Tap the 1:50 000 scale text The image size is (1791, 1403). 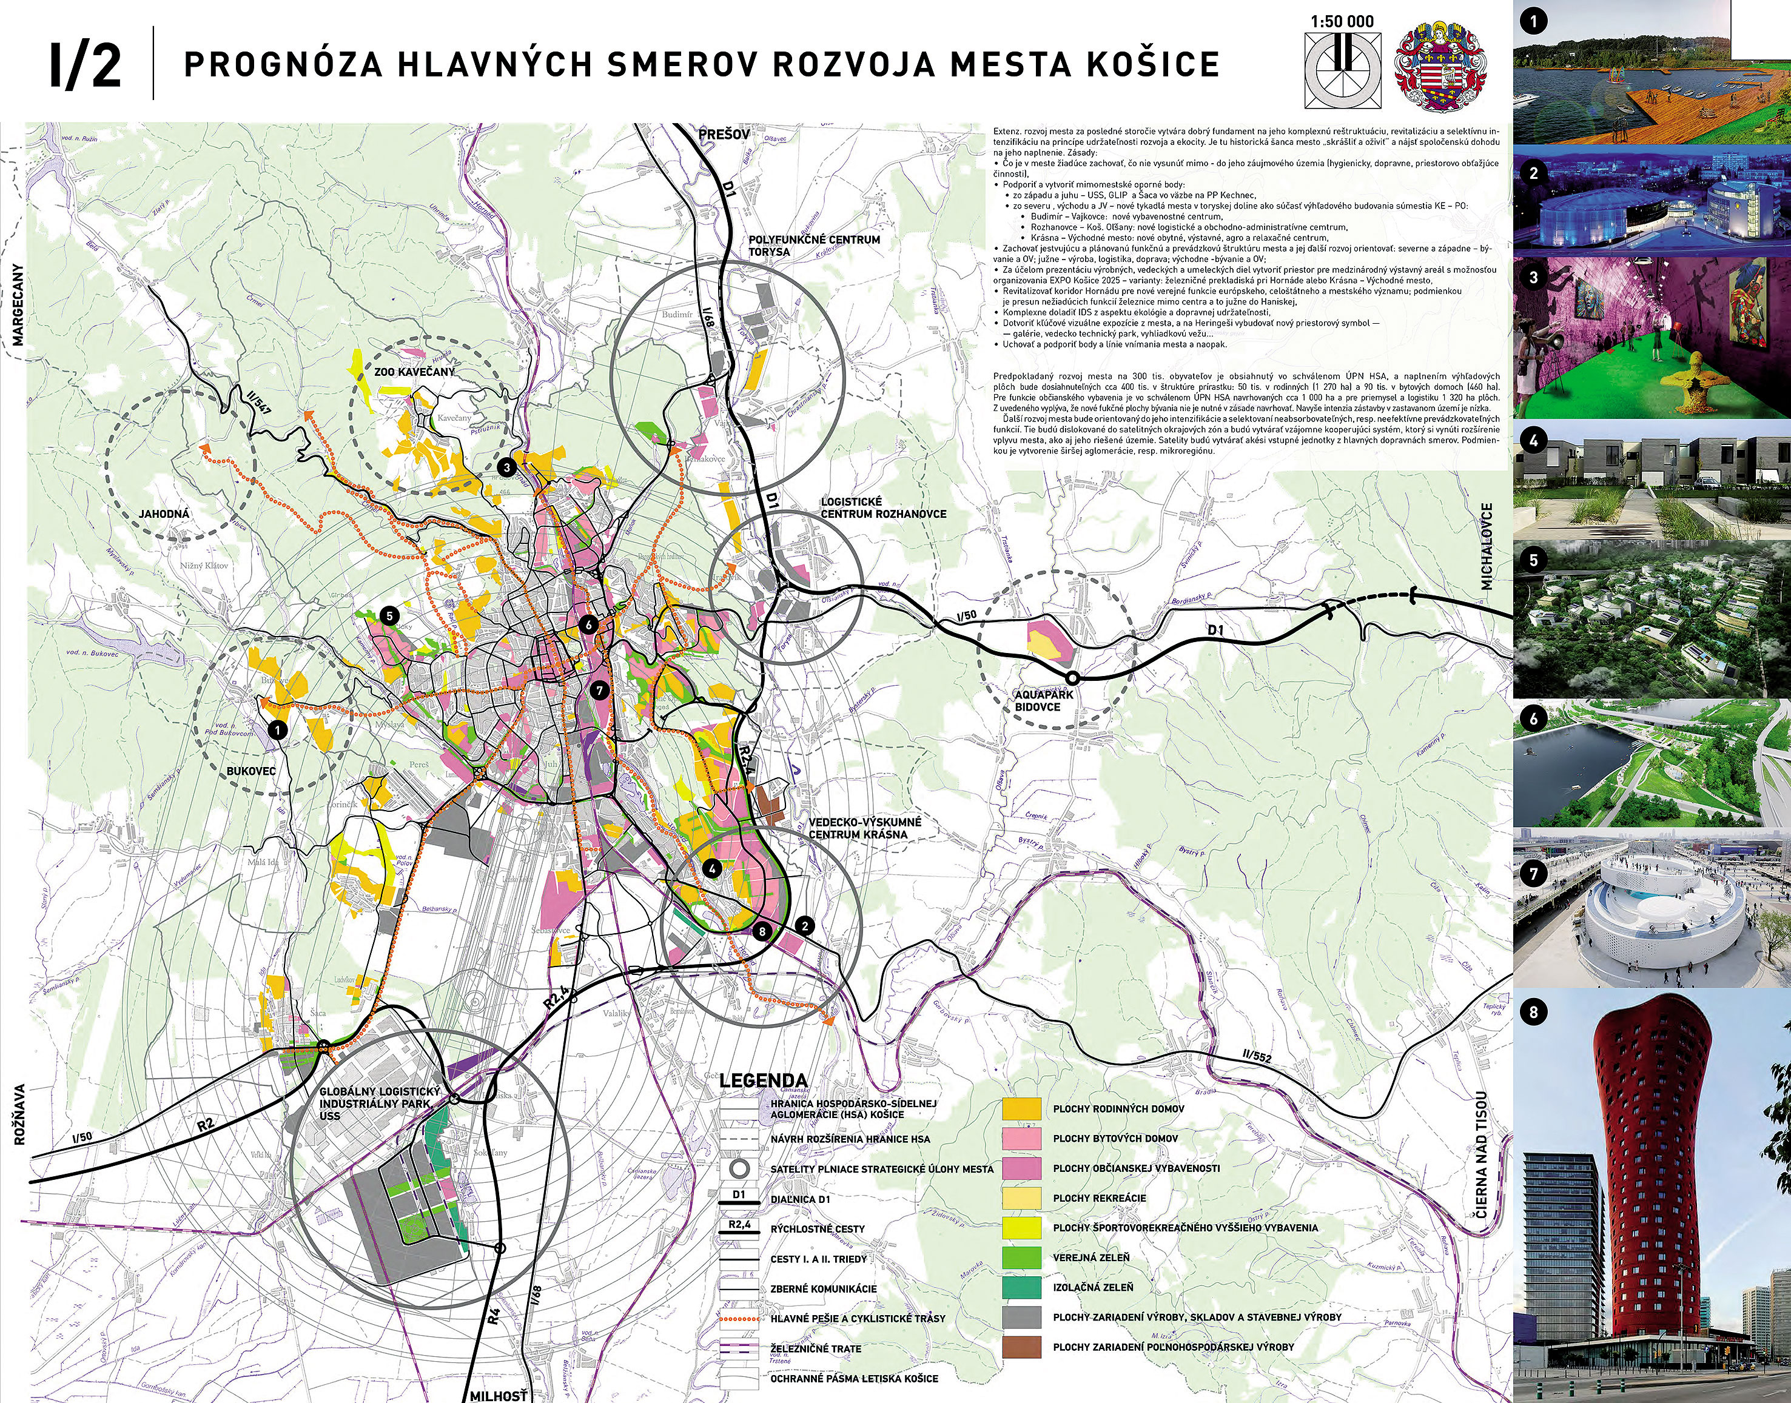click(1342, 21)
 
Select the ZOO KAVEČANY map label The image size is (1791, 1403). click(414, 372)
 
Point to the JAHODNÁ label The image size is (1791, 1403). click(164, 514)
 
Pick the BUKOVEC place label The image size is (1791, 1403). click(250, 771)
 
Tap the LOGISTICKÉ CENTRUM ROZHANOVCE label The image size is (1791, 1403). click(882, 507)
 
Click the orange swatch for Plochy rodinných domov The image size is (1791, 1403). click(1022, 1109)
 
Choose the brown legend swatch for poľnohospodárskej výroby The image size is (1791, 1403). click(1022, 1347)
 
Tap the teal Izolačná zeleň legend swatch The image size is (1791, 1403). click(1022, 1287)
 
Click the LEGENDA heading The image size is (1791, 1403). click(762, 1080)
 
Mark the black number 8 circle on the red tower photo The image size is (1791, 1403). click(1533, 1013)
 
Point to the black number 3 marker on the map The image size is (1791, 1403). click(507, 468)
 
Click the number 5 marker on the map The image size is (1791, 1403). click(389, 615)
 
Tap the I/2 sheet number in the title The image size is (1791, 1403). click(85, 65)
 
